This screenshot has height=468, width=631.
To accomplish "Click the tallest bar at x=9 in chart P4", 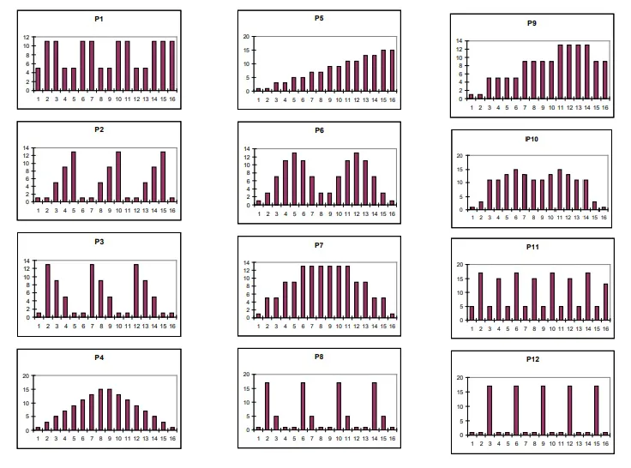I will tap(110, 410).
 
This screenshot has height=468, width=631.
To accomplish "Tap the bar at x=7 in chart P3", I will tap(92, 291).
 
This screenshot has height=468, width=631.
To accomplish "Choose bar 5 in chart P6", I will tap(295, 177).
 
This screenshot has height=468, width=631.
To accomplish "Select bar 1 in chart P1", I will tap(38, 80).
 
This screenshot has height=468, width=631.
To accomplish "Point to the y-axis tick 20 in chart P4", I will tap(28, 375).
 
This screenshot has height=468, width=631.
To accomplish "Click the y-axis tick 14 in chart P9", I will tap(460, 41).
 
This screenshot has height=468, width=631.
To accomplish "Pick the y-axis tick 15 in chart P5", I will tap(247, 50).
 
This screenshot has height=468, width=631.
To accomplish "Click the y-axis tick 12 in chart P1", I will tap(27, 37).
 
